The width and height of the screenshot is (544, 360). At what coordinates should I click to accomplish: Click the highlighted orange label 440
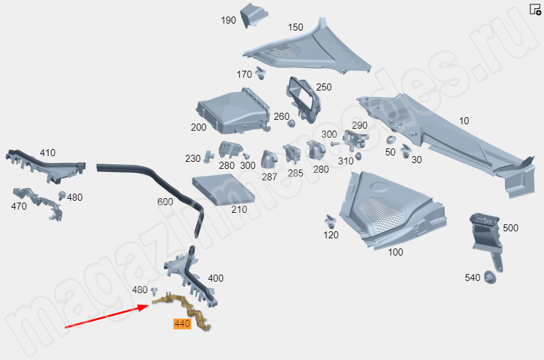182,324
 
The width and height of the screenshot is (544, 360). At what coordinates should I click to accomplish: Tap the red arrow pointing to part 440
107,315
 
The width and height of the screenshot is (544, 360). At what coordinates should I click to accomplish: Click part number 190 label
228,20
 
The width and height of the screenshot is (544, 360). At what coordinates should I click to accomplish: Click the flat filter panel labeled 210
223,189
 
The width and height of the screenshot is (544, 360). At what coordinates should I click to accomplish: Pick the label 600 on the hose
165,201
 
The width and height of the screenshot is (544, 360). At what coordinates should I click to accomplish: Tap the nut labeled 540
490,277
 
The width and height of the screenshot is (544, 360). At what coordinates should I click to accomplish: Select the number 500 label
510,228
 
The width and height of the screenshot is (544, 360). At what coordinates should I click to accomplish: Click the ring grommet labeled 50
391,140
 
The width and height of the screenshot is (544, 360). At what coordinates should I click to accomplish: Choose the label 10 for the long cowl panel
464,121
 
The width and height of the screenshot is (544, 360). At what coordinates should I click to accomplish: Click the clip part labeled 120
330,221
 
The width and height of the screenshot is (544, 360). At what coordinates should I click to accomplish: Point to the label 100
395,252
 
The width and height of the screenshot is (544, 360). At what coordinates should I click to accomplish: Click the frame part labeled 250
303,99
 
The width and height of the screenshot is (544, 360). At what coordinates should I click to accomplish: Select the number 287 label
269,177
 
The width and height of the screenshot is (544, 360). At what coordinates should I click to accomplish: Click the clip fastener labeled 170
260,74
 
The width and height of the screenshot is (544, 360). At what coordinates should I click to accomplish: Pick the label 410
48,153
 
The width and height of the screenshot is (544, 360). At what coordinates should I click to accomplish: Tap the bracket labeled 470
38,203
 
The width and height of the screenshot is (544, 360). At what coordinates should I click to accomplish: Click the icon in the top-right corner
535,10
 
